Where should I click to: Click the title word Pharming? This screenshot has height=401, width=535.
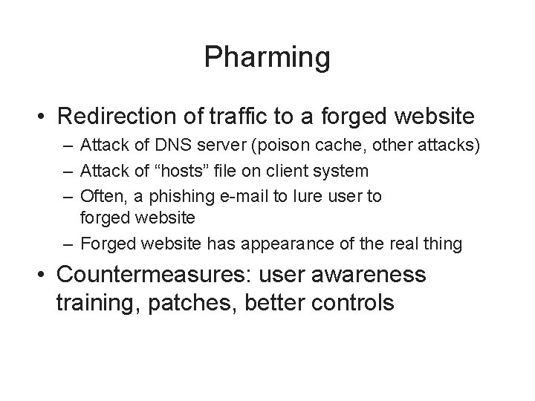click(x=267, y=58)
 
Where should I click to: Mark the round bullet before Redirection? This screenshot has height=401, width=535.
click(x=42, y=117)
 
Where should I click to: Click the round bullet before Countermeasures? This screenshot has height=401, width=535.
click(x=42, y=276)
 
